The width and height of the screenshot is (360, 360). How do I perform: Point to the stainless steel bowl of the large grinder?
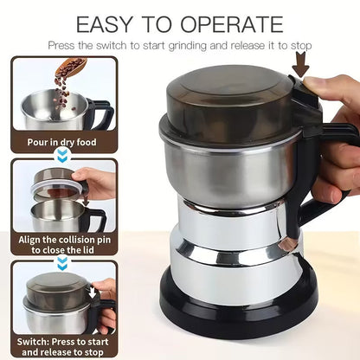[x=229, y=169]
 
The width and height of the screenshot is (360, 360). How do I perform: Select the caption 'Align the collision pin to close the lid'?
[x=61, y=243]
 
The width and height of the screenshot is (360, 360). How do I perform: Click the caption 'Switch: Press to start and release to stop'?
[x=61, y=346]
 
